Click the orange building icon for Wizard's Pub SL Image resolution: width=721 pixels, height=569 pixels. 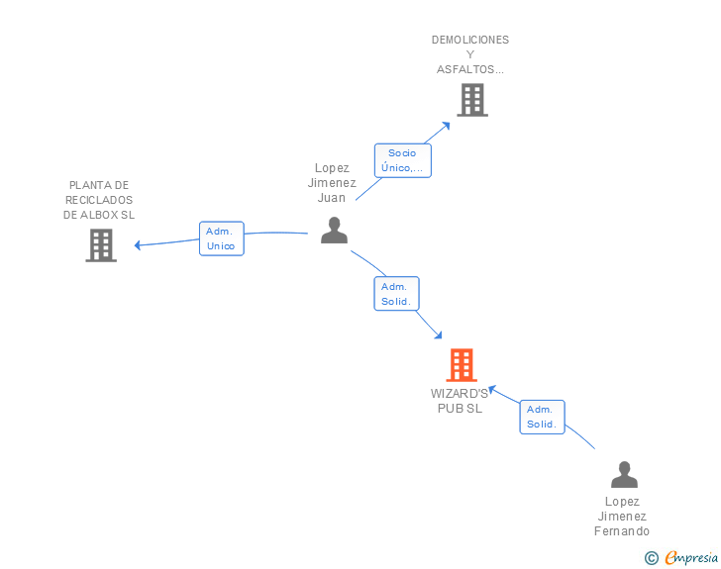pyautogui.click(x=462, y=365)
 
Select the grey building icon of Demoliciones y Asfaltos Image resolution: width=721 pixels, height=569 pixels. pyautogui.click(x=472, y=100)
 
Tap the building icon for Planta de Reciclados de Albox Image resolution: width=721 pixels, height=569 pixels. pyautogui.click(x=101, y=244)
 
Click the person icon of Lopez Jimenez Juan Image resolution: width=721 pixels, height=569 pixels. pyautogui.click(x=335, y=231)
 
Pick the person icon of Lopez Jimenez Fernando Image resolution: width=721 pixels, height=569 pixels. pyautogui.click(x=624, y=475)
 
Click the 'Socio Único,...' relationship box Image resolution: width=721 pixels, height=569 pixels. pyautogui.click(x=402, y=160)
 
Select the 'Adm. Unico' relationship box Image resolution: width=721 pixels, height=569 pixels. pyautogui.click(x=221, y=238)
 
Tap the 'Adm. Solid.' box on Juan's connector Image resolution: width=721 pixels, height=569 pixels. pyautogui.click(x=396, y=294)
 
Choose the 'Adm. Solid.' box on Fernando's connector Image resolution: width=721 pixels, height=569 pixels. pyautogui.click(x=542, y=417)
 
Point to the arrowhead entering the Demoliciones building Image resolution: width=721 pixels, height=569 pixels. pyautogui.click(x=447, y=125)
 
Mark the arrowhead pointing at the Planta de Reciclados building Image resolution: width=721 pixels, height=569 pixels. pyautogui.click(x=139, y=244)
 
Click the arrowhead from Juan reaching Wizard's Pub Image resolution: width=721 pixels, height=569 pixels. pyautogui.click(x=437, y=336)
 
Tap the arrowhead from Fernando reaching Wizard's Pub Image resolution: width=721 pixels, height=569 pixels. pyautogui.click(x=489, y=389)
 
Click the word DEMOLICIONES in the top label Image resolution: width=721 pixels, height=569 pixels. pyautogui.click(x=470, y=40)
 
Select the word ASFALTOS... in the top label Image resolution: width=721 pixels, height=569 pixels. pyautogui.click(x=470, y=69)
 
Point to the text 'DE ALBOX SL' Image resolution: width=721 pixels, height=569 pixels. pyautogui.click(x=99, y=215)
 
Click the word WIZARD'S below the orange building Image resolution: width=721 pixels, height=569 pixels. pyautogui.click(x=460, y=393)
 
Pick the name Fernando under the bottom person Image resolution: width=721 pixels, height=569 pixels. pyautogui.click(x=622, y=531)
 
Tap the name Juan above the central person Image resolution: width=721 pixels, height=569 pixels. pyautogui.click(x=332, y=197)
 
